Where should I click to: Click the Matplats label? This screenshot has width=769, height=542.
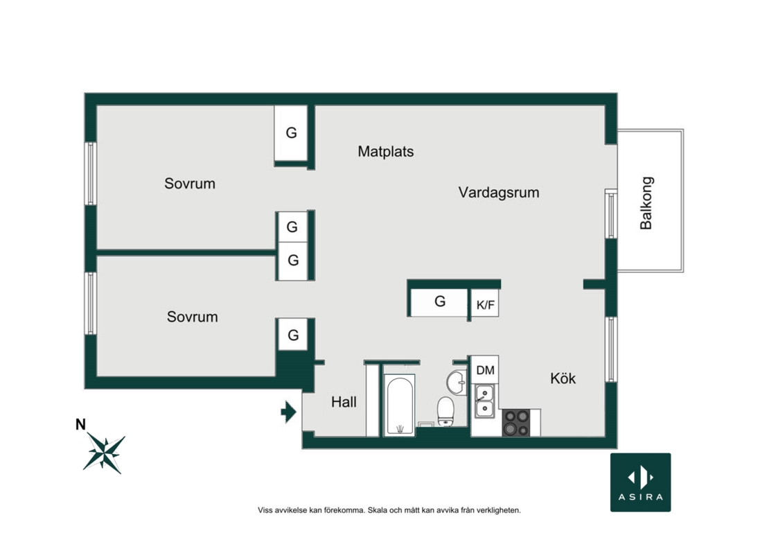coord(385,152)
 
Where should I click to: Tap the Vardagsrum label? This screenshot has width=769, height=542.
coord(499,192)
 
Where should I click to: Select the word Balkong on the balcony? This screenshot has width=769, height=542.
coord(646,203)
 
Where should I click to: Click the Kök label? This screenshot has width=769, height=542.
coord(563,378)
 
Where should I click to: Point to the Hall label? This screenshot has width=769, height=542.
coord(344,402)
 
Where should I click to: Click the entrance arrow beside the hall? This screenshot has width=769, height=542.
coord(288,412)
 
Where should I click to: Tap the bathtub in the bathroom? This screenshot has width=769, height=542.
coord(399,405)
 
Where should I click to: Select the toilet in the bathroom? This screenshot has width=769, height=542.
coord(445,411)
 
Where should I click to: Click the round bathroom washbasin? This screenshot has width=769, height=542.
coord(456,383)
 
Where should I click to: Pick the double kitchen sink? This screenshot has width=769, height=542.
coord(484,401)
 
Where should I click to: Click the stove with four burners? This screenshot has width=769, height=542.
coord(516,423)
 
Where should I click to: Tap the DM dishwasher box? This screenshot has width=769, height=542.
coord(485,370)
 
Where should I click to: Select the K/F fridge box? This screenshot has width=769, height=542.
coord(485,304)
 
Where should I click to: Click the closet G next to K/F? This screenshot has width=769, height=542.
coord(439,302)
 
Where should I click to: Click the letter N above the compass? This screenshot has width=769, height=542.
coord(80,424)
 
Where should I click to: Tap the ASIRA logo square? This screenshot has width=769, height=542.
coord(641,482)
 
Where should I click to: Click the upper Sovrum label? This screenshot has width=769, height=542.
coord(190,184)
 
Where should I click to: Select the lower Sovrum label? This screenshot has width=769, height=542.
coord(193,317)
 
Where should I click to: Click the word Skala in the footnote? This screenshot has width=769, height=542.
coord(378,510)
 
